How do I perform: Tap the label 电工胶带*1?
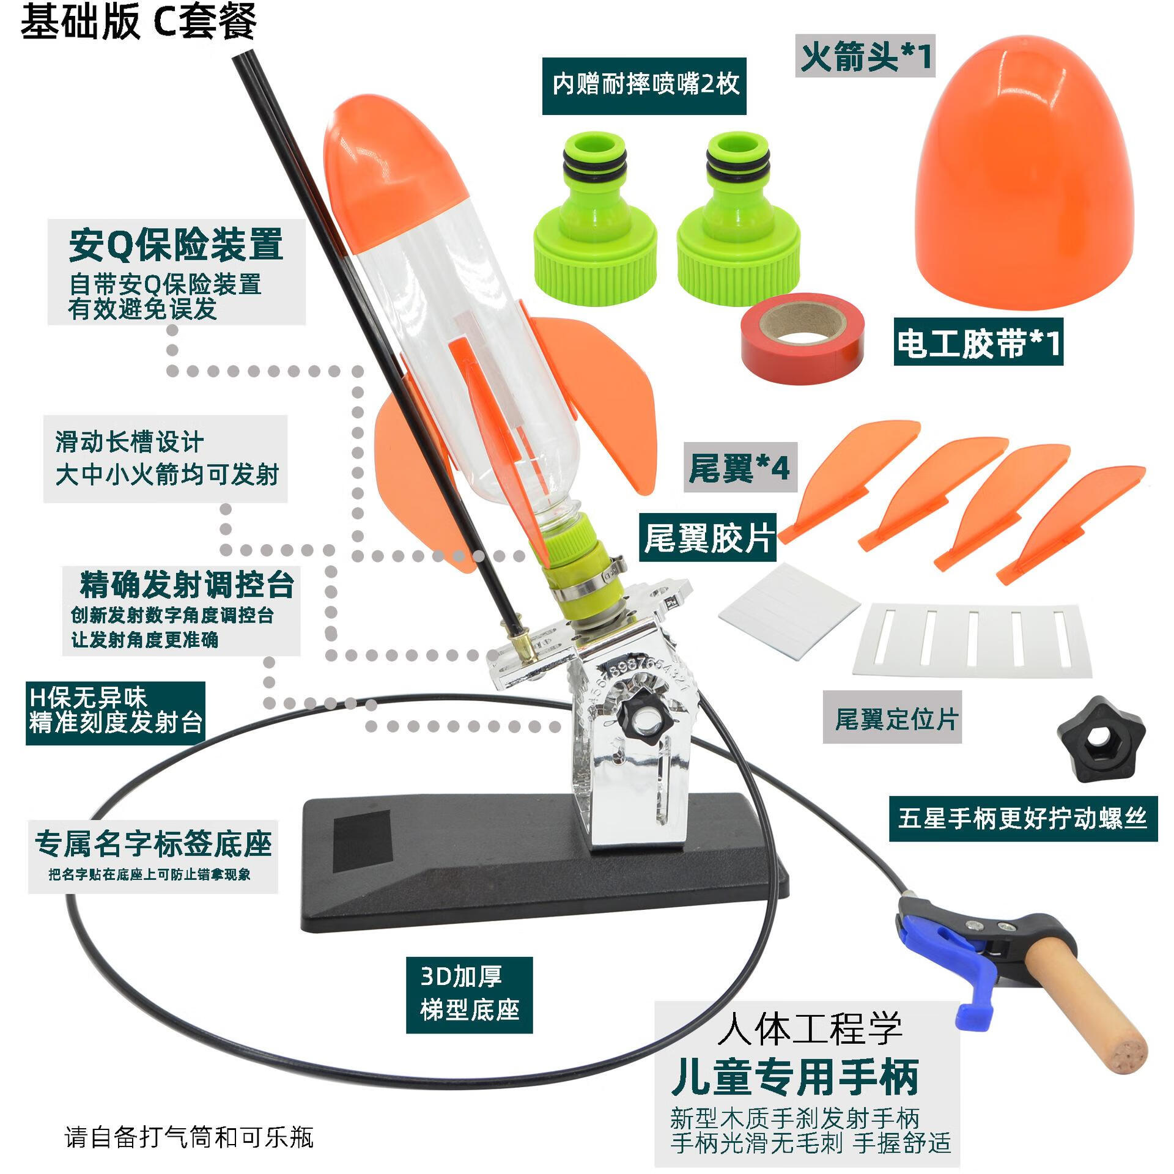tap(978, 342)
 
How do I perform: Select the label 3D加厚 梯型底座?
tap(469, 994)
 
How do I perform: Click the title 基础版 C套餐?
tap(138, 22)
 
